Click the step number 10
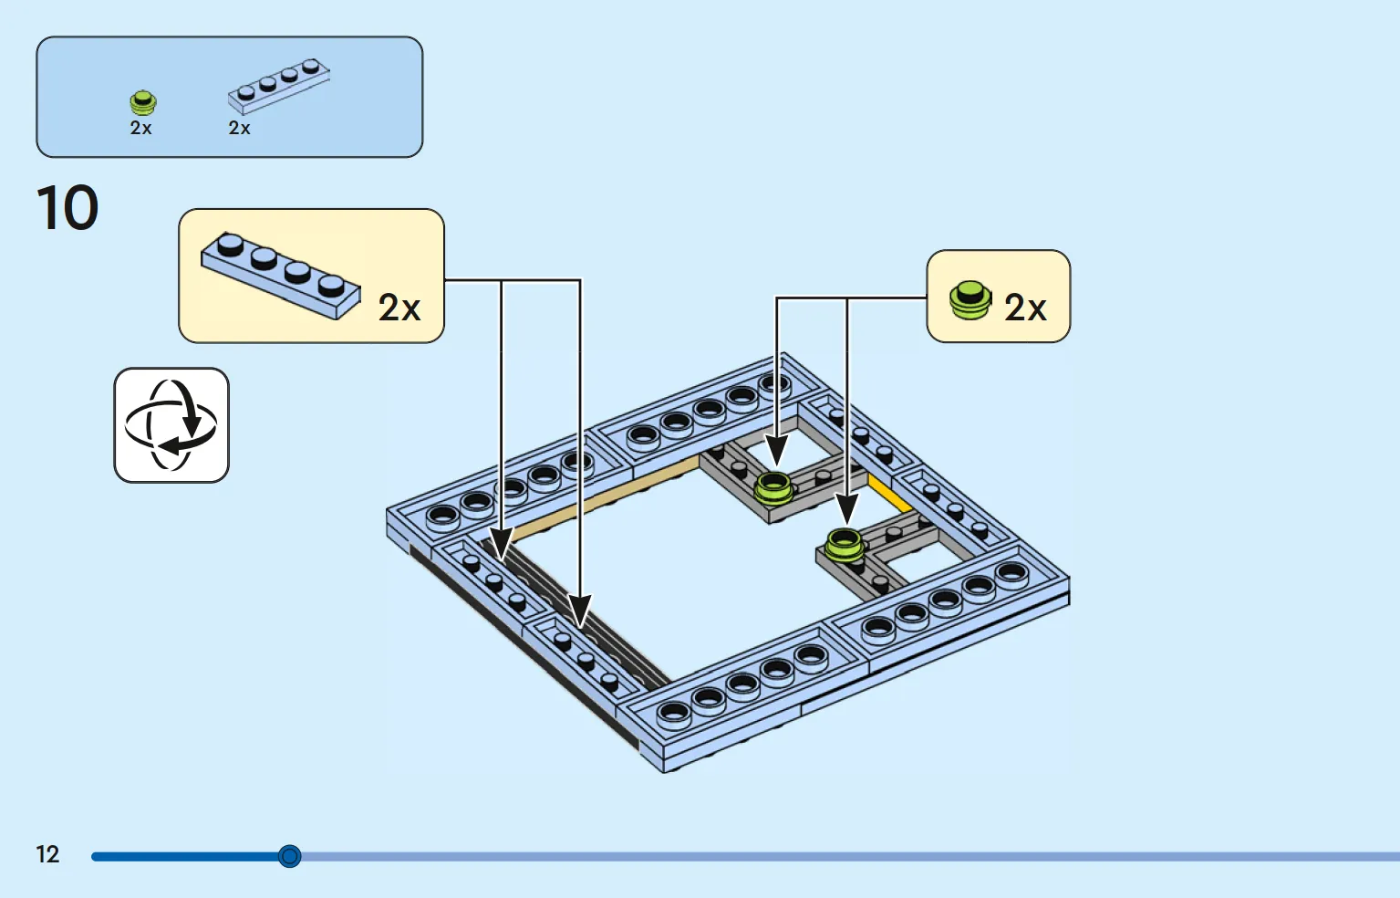(67, 207)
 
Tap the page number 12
(47, 854)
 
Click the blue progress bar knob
(289, 856)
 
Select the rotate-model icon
(171, 425)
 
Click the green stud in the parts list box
(143, 102)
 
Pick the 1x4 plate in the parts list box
(279, 87)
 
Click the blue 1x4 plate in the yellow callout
(281, 276)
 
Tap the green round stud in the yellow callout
(970, 300)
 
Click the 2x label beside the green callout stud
(1025, 308)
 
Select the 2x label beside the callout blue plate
(399, 308)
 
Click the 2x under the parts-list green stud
(140, 128)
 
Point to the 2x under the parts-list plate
(239, 128)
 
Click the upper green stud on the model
(773, 488)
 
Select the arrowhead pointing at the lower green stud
(847, 509)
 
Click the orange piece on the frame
(888, 494)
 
